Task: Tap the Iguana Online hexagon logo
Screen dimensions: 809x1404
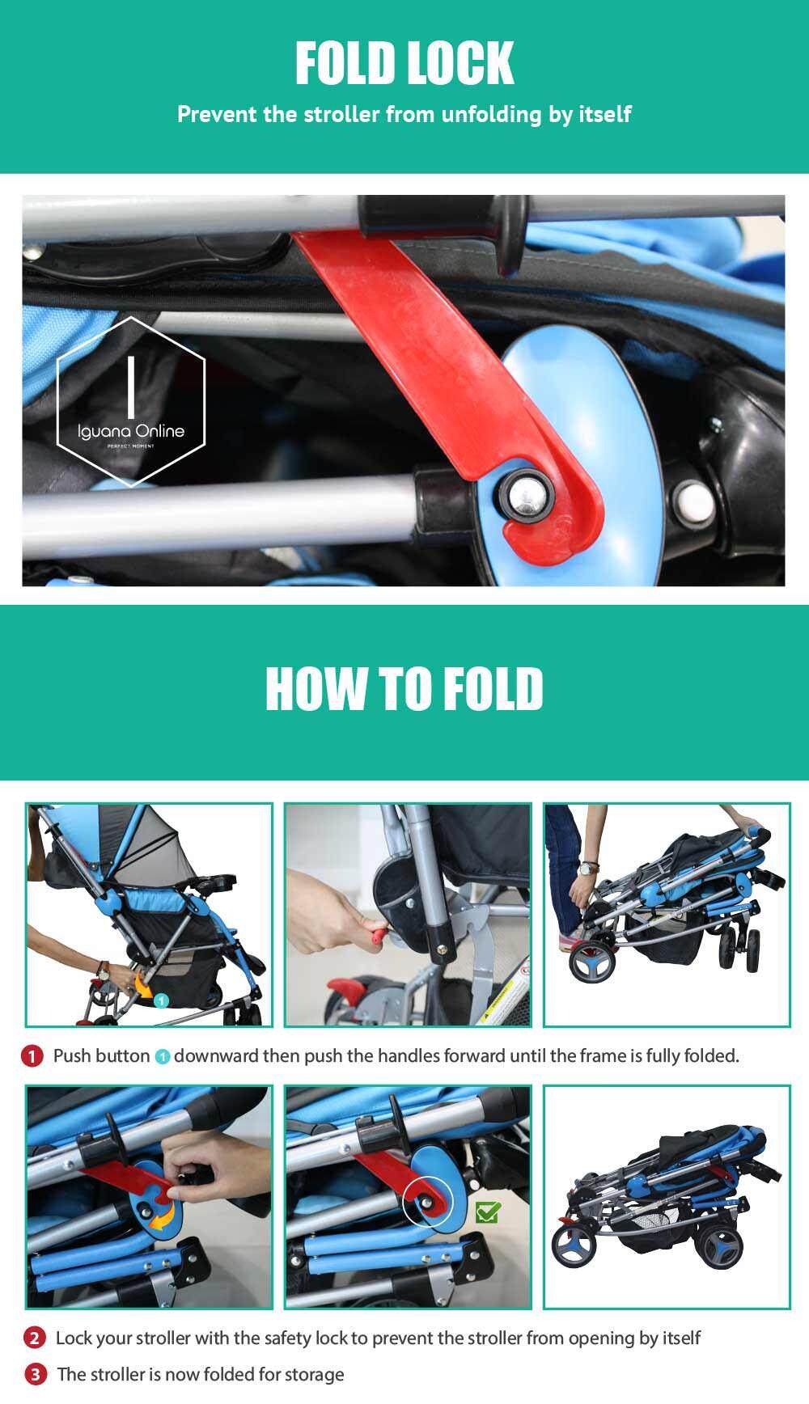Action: coord(131,402)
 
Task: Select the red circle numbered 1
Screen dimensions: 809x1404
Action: coord(32,1055)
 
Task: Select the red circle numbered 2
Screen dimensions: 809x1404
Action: coord(34,1338)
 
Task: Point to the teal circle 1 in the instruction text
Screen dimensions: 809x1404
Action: coord(162,1056)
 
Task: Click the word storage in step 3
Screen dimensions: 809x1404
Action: coord(314,1375)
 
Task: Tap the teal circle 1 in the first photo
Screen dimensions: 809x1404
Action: coord(161,1001)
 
